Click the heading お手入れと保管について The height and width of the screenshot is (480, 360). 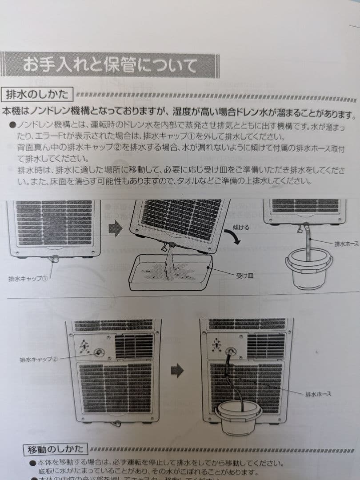110,65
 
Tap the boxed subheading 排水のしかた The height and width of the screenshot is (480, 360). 37,95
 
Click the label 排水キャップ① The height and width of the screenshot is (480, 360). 28,279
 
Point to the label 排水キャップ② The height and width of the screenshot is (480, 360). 39,359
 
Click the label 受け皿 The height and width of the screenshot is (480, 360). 244,276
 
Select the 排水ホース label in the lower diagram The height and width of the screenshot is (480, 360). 318,394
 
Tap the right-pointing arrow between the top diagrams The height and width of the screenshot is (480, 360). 116,229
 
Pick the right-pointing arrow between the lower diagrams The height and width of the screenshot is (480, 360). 177,370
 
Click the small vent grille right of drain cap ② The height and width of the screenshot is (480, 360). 134,346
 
